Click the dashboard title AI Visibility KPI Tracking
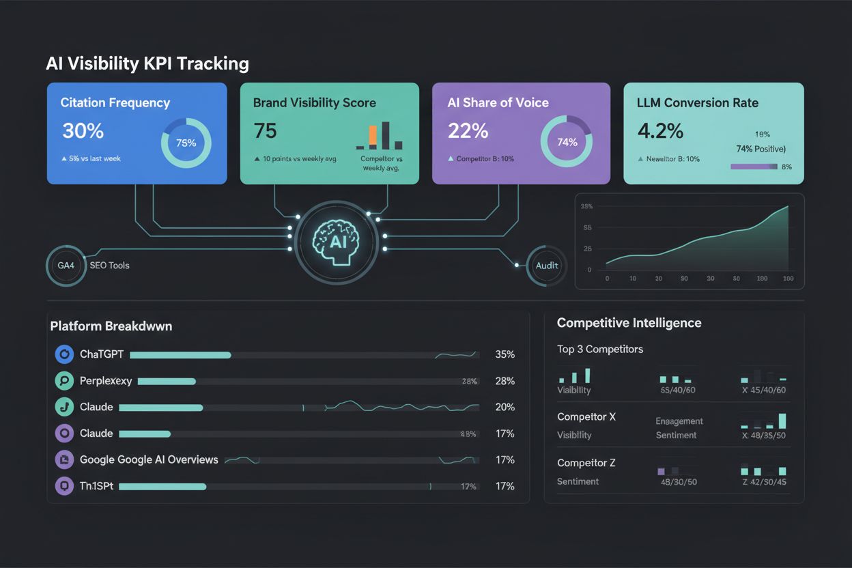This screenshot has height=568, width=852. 147,63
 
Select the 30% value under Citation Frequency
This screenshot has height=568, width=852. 83,131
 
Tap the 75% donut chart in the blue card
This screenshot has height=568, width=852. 186,143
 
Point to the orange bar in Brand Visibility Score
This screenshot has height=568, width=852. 372,136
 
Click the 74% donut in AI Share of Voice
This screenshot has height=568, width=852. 566,142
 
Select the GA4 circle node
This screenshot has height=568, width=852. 66,265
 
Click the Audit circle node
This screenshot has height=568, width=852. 547,266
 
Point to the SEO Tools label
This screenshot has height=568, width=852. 109,265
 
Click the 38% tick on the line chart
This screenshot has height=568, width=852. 586,206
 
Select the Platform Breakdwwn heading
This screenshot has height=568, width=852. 111,326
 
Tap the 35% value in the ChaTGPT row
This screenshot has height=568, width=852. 505,355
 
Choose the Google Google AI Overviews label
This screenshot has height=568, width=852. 149,459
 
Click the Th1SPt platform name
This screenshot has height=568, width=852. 96,486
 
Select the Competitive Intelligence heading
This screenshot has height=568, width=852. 629,323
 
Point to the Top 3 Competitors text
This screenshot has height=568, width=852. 600,350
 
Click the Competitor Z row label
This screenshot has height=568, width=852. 586,463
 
